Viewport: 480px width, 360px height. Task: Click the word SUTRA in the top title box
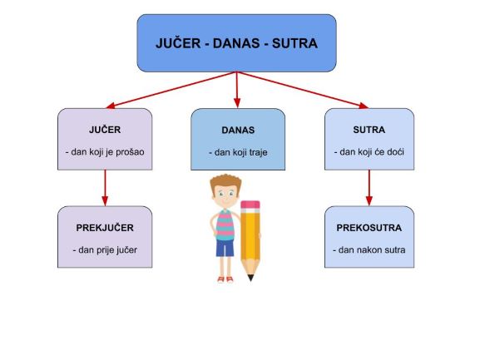tap(294, 43)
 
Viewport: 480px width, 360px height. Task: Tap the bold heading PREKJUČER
tap(105, 228)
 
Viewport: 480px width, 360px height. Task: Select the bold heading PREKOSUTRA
tap(369, 228)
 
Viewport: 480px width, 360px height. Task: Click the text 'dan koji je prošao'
tap(107, 152)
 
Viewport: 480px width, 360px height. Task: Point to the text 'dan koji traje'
tap(241, 152)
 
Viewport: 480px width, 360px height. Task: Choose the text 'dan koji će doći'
tap(372, 152)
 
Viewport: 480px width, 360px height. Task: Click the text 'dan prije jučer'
tap(108, 250)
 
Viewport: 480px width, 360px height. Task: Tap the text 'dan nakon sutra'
tap(372, 250)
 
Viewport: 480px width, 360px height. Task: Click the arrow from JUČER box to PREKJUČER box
tap(105, 188)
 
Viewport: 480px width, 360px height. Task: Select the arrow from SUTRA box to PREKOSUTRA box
tap(369, 188)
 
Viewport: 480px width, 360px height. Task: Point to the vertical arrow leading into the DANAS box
tap(236, 90)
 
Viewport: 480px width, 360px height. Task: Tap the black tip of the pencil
tap(250, 278)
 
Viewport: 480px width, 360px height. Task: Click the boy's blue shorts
tap(225, 248)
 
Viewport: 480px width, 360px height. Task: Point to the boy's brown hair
tap(225, 182)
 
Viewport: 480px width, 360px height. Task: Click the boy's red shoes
tap(225, 279)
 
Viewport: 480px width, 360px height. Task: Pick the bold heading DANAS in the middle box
tap(238, 131)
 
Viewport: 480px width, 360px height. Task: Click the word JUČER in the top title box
tap(178, 43)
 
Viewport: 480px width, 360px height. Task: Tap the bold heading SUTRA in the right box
tap(369, 130)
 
